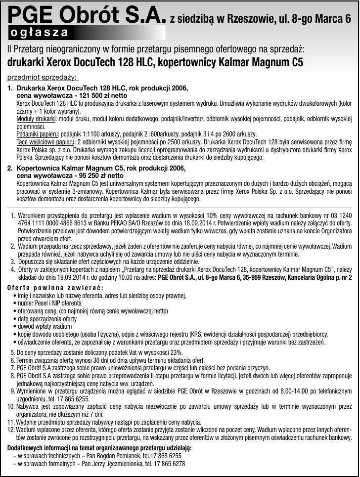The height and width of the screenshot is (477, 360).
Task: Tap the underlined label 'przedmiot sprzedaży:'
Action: tap(43, 78)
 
